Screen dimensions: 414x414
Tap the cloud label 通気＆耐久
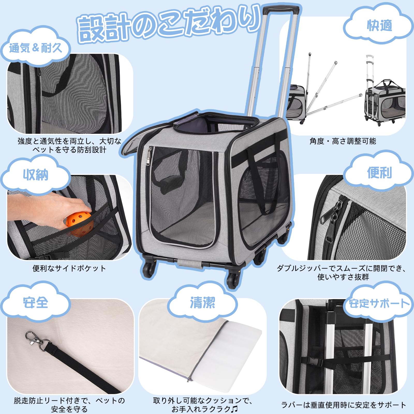tap(35, 48)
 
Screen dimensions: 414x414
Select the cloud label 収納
tap(35, 175)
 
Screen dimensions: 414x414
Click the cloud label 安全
tap(35, 302)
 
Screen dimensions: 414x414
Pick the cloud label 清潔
tap(202, 302)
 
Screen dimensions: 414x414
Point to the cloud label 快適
tap(379, 25)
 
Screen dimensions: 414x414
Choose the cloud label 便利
tap(379, 173)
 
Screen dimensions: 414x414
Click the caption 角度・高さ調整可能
tap(343, 141)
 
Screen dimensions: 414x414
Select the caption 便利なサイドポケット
tap(69, 268)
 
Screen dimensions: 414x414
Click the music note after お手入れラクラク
tap(234, 409)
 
